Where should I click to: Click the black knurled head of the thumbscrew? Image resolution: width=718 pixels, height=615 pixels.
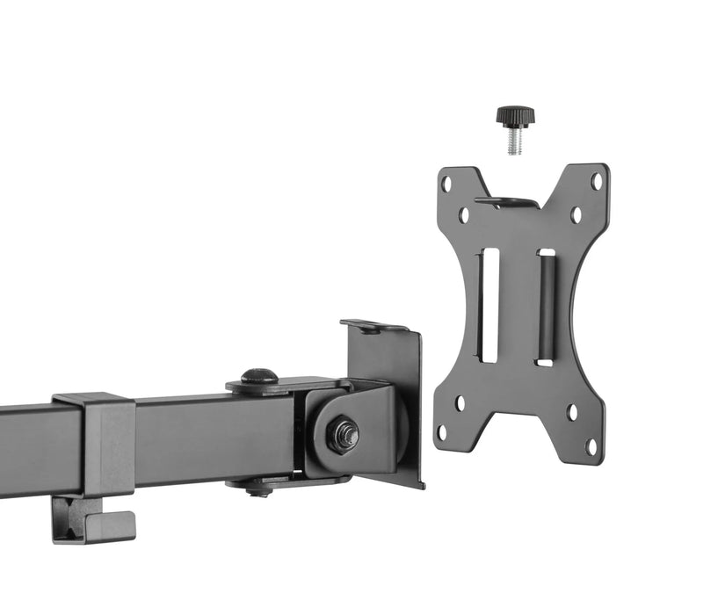tap(514, 115)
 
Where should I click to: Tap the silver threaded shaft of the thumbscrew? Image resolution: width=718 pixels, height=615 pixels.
tap(514, 141)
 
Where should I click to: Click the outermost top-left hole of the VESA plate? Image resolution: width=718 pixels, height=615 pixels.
tap(446, 184)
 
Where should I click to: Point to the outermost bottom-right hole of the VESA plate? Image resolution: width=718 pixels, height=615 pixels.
tap(591, 445)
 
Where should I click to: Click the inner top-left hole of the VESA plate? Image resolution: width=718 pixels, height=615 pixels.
tap(463, 213)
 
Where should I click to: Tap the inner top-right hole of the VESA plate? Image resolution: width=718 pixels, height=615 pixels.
tap(577, 213)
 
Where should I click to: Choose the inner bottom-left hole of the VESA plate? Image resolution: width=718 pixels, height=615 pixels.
tap(459, 404)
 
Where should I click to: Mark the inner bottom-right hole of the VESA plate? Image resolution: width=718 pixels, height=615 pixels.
tap(572, 411)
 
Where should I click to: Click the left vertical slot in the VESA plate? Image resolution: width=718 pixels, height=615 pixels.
tap(488, 304)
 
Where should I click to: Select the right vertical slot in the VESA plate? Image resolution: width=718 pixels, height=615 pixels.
tap(546, 307)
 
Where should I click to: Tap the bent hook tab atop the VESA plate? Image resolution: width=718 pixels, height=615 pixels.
tap(507, 202)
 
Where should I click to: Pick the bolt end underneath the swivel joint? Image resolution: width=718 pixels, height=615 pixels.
tap(259, 490)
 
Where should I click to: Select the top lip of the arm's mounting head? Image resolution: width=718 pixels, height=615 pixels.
tap(374, 326)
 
